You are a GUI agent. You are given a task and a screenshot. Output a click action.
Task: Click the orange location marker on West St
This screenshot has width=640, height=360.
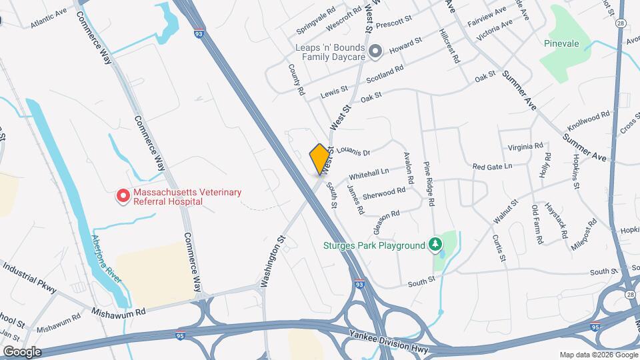point(320,159)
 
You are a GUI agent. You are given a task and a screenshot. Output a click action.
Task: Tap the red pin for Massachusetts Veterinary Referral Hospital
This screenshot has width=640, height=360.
point(123,196)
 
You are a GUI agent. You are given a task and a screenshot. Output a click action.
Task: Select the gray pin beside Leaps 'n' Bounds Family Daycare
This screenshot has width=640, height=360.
point(375,51)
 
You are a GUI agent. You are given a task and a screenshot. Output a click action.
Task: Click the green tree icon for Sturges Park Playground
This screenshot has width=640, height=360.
point(436,245)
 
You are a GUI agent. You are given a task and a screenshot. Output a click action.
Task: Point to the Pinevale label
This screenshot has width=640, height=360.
point(561,44)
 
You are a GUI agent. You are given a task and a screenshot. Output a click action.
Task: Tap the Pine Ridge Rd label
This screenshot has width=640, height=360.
point(429,183)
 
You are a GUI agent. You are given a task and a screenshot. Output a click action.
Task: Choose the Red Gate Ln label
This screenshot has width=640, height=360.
point(492,166)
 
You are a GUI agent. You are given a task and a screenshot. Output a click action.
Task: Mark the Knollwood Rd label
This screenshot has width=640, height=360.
point(588,120)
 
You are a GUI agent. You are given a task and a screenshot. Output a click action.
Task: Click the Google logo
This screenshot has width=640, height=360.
point(22,351)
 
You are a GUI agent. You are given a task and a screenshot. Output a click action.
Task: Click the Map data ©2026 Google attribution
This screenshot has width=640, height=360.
point(597,354)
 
